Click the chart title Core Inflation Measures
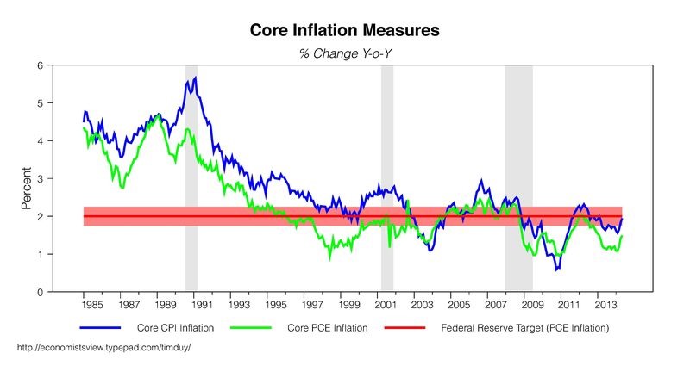click(x=345, y=30)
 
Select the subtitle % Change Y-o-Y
click(x=345, y=53)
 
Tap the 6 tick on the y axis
click(x=41, y=65)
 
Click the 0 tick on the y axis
click(x=41, y=293)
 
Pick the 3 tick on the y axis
click(x=41, y=179)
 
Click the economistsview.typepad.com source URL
click(x=103, y=347)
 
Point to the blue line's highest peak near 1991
click(x=196, y=77)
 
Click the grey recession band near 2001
click(x=387, y=172)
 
